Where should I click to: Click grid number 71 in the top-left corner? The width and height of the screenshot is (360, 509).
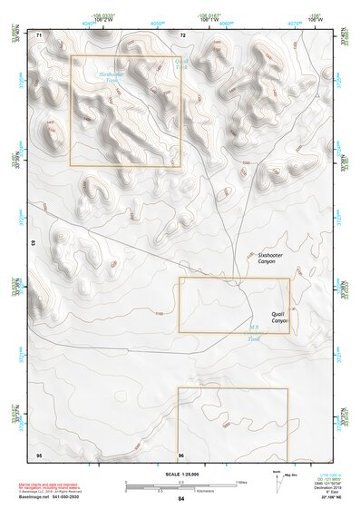[x=39, y=34]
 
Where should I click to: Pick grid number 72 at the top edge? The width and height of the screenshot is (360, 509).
[x=183, y=34]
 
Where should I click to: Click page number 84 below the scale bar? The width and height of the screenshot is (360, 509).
[x=181, y=499]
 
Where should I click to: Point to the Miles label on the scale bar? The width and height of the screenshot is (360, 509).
[x=240, y=482]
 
